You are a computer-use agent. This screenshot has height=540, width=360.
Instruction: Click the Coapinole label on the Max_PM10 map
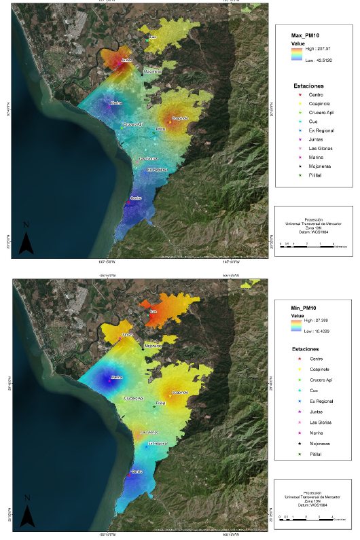click(x=179, y=118)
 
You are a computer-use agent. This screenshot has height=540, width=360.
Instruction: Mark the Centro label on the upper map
click(x=135, y=198)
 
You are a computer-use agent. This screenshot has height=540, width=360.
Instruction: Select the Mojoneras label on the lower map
click(x=154, y=346)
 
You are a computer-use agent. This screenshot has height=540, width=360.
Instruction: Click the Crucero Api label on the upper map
click(x=133, y=125)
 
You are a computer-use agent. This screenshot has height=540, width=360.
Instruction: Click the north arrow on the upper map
click(x=26, y=240)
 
